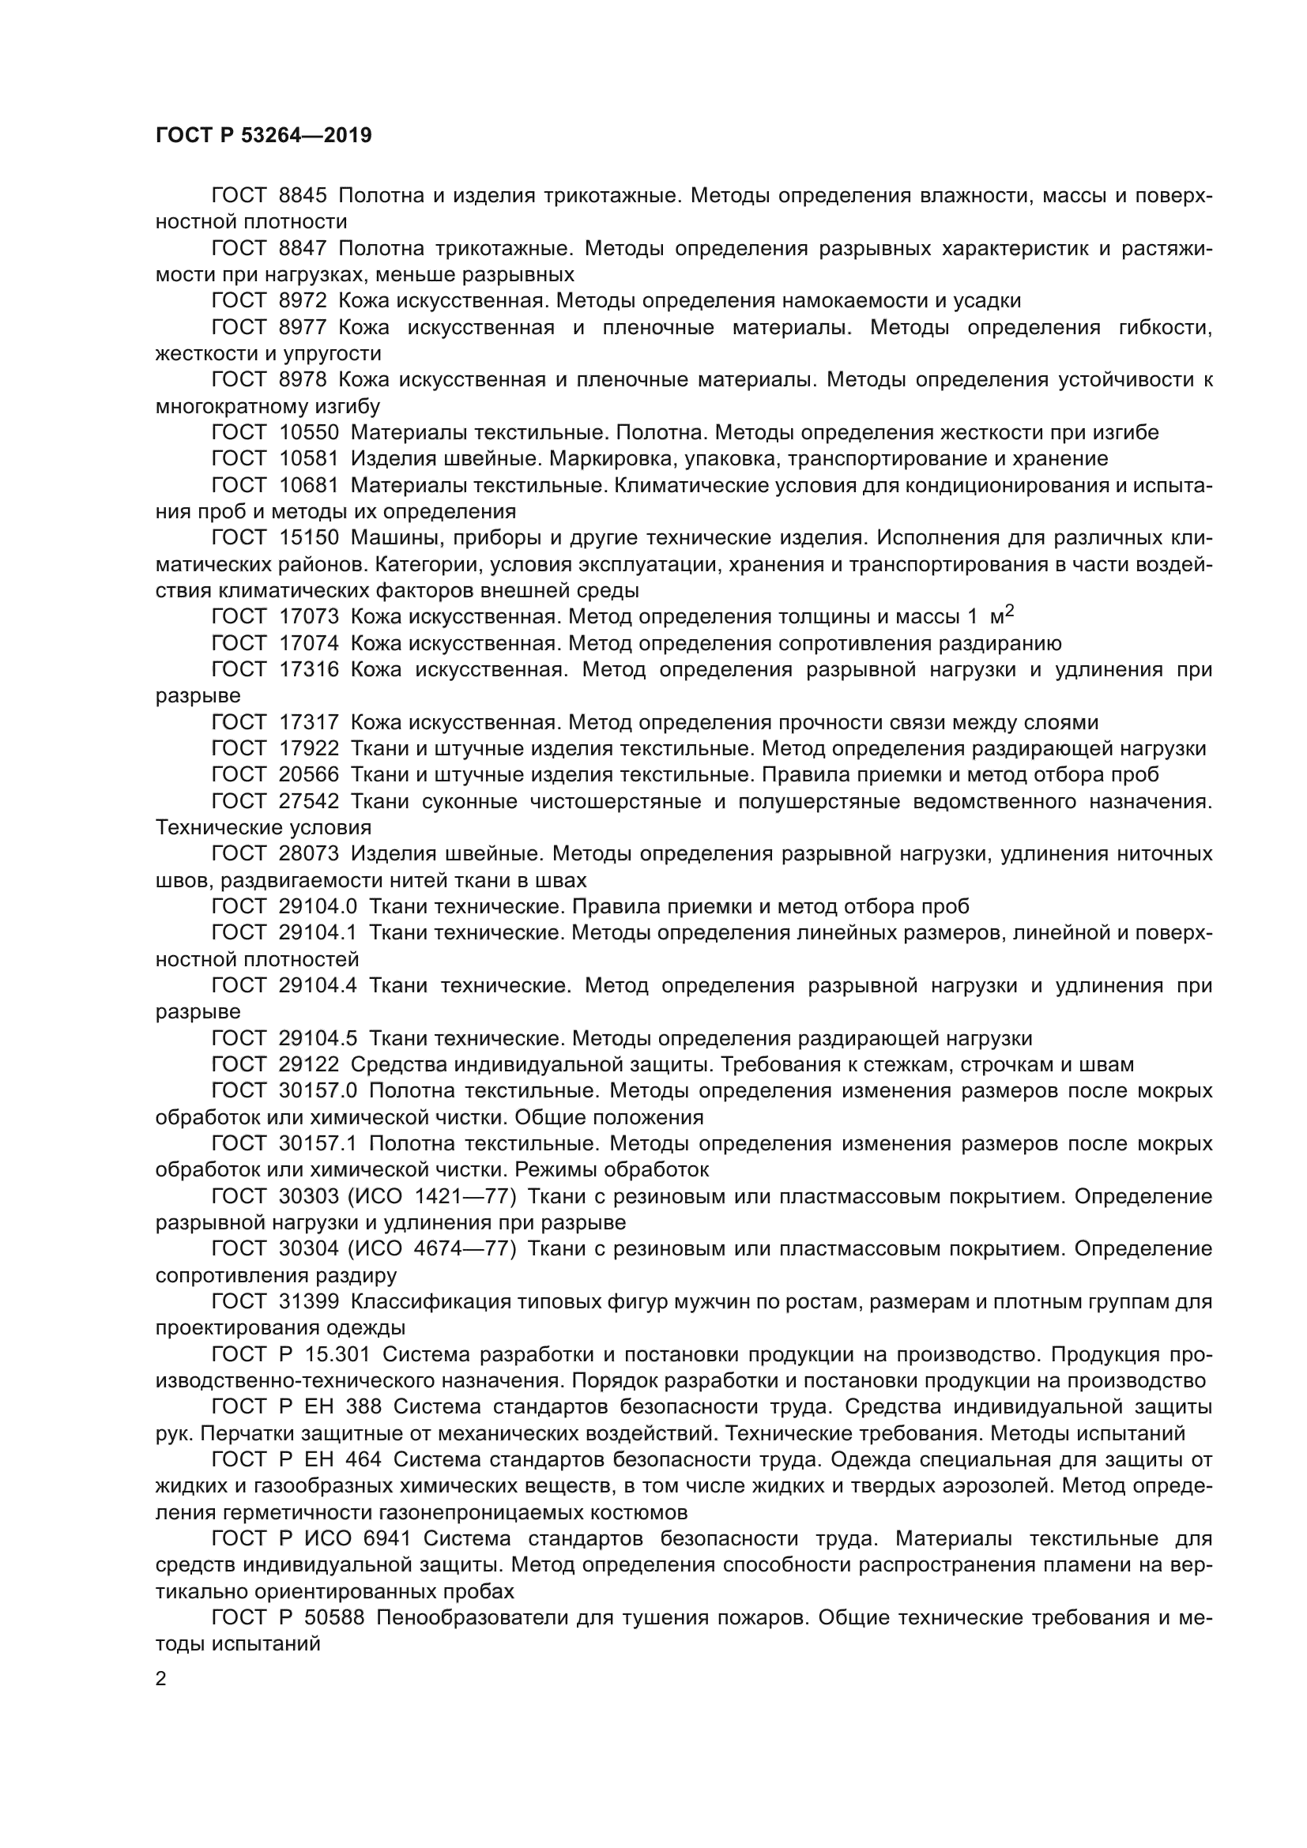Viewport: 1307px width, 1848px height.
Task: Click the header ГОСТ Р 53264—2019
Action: (x=263, y=135)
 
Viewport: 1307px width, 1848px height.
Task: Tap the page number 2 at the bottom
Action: (x=161, y=1678)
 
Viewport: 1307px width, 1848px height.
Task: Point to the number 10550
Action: (x=309, y=433)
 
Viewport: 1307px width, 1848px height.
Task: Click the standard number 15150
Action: (x=309, y=538)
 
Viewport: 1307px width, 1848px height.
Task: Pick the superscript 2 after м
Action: (x=1009, y=612)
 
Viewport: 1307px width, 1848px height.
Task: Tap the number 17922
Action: (x=309, y=748)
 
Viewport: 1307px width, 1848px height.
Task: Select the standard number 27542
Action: (x=309, y=802)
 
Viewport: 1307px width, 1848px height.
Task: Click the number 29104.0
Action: (x=317, y=906)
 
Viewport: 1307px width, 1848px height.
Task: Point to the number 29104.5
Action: (x=317, y=1038)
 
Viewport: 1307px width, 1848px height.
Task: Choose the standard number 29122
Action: (x=309, y=1065)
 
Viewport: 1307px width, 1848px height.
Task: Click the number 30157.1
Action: (x=317, y=1144)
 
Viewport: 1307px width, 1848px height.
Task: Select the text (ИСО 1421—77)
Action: (x=431, y=1197)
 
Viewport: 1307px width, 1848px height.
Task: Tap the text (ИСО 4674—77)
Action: (x=431, y=1248)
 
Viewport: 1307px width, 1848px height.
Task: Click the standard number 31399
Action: (x=309, y=1301)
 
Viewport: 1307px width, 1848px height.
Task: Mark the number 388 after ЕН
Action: (x=363, y=1407)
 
